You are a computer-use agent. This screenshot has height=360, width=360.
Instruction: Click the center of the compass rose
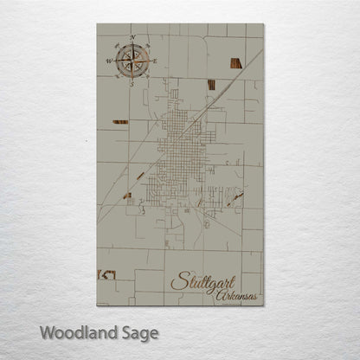coord(132,60)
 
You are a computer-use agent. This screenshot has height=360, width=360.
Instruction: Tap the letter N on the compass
coord(132,37)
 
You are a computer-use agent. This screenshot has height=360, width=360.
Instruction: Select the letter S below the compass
coord(132,84)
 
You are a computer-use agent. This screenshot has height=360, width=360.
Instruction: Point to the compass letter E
coord(155,60)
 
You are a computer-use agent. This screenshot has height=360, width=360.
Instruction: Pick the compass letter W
coord(109,61)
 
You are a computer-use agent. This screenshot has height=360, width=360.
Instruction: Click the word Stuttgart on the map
coord(202,282)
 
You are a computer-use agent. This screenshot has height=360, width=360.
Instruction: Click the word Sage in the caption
coord(142,332)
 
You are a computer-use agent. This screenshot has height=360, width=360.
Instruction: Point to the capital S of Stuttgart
coord(178,281)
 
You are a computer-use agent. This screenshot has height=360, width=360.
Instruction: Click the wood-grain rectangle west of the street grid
coord(119,122)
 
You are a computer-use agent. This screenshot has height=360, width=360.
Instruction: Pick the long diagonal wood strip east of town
coord(235,197)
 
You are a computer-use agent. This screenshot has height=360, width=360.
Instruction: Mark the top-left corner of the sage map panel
coord(97,24)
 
